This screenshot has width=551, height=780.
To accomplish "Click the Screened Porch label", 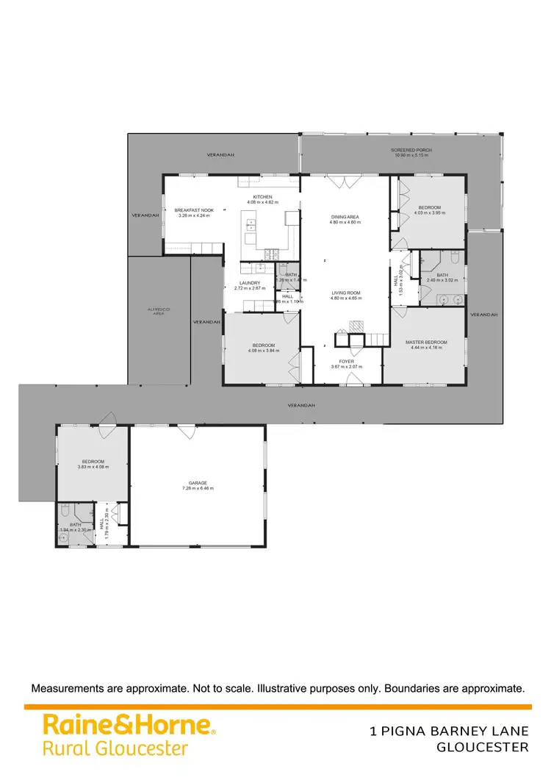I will [x=411, y=150].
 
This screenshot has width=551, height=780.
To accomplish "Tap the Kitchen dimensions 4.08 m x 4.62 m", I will [x=263, y=202].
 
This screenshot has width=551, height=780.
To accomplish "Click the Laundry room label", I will [x=248, y=282].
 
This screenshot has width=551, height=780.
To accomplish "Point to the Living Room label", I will [x=345, y=293].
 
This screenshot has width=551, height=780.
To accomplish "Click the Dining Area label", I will [x=345, y=217].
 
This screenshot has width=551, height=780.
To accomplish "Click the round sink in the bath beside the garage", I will [x=64, y=538].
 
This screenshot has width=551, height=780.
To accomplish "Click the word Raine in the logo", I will [x=73, y=725].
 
